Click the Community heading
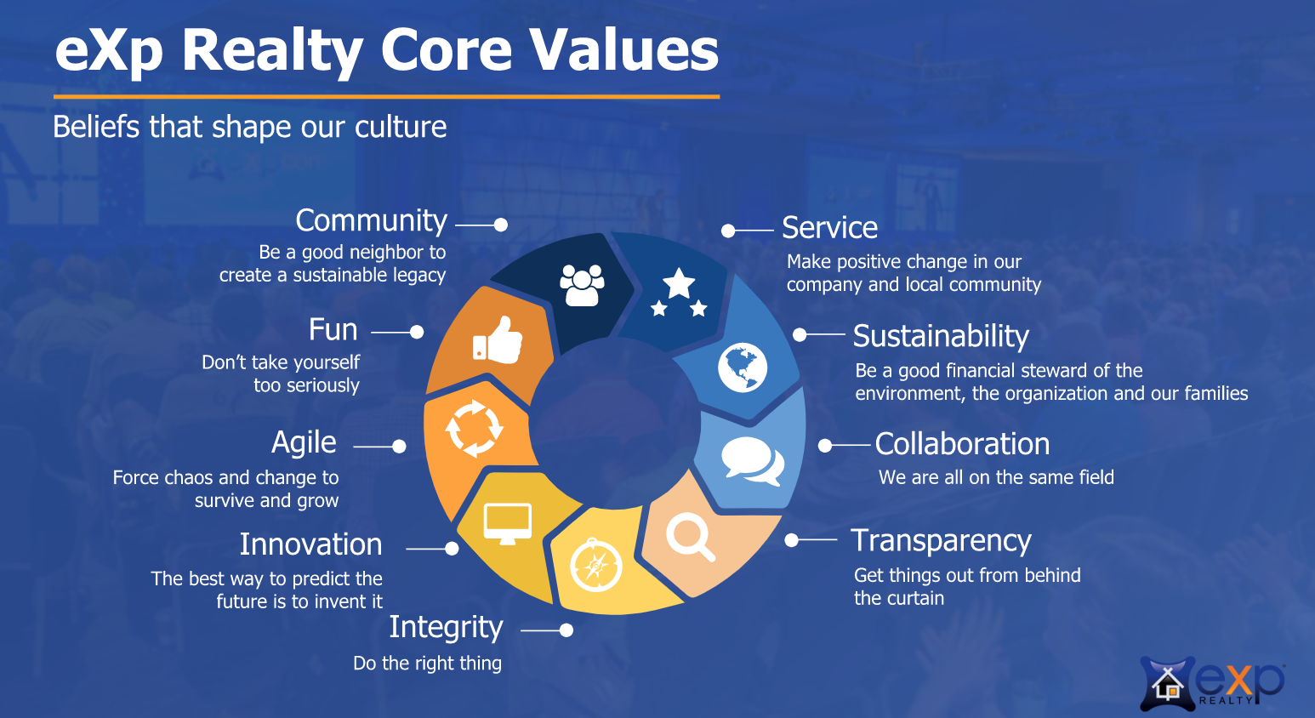(x=372, y=222)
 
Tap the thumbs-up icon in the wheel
(x=498, y=339)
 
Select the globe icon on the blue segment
(x=742, y=368)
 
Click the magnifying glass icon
(x=691, y=537)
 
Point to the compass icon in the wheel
(x=596, y=565)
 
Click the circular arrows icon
(x=474, y=429)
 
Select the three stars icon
(x=679, y=293)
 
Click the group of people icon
(x=582, y=285)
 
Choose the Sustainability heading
(x=941, y=336)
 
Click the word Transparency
(x=941, y=541)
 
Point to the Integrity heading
(x=447, y=628)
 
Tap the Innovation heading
(x=311, y=544)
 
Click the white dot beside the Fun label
(x=417, y=333)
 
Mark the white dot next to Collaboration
(x=825, y=446)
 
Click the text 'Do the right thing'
(x=427, y=664)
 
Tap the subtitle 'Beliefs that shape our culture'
(x=250, y=127)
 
